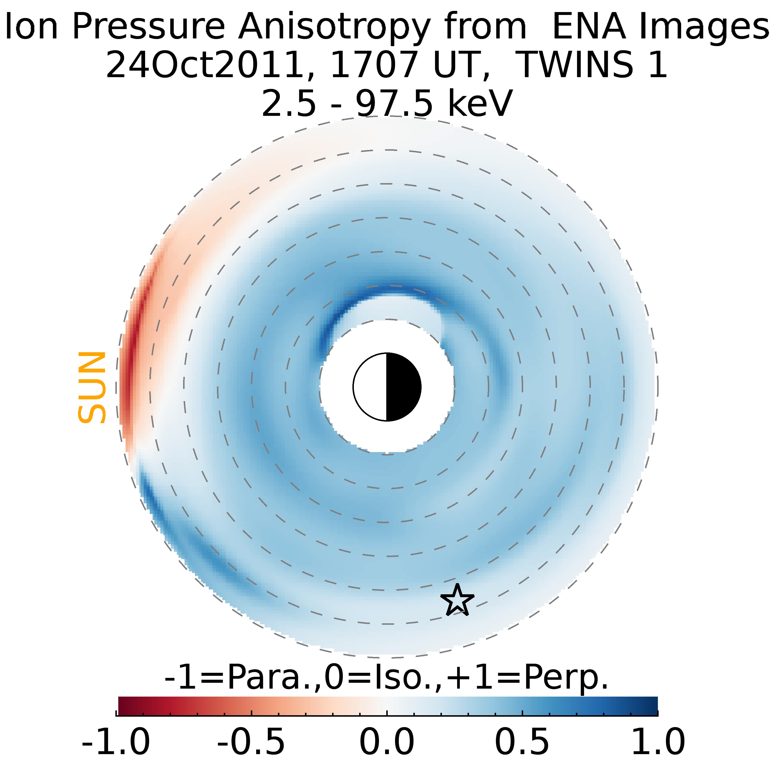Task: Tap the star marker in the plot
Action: pos(457,601)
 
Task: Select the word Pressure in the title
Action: pos(148,27)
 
